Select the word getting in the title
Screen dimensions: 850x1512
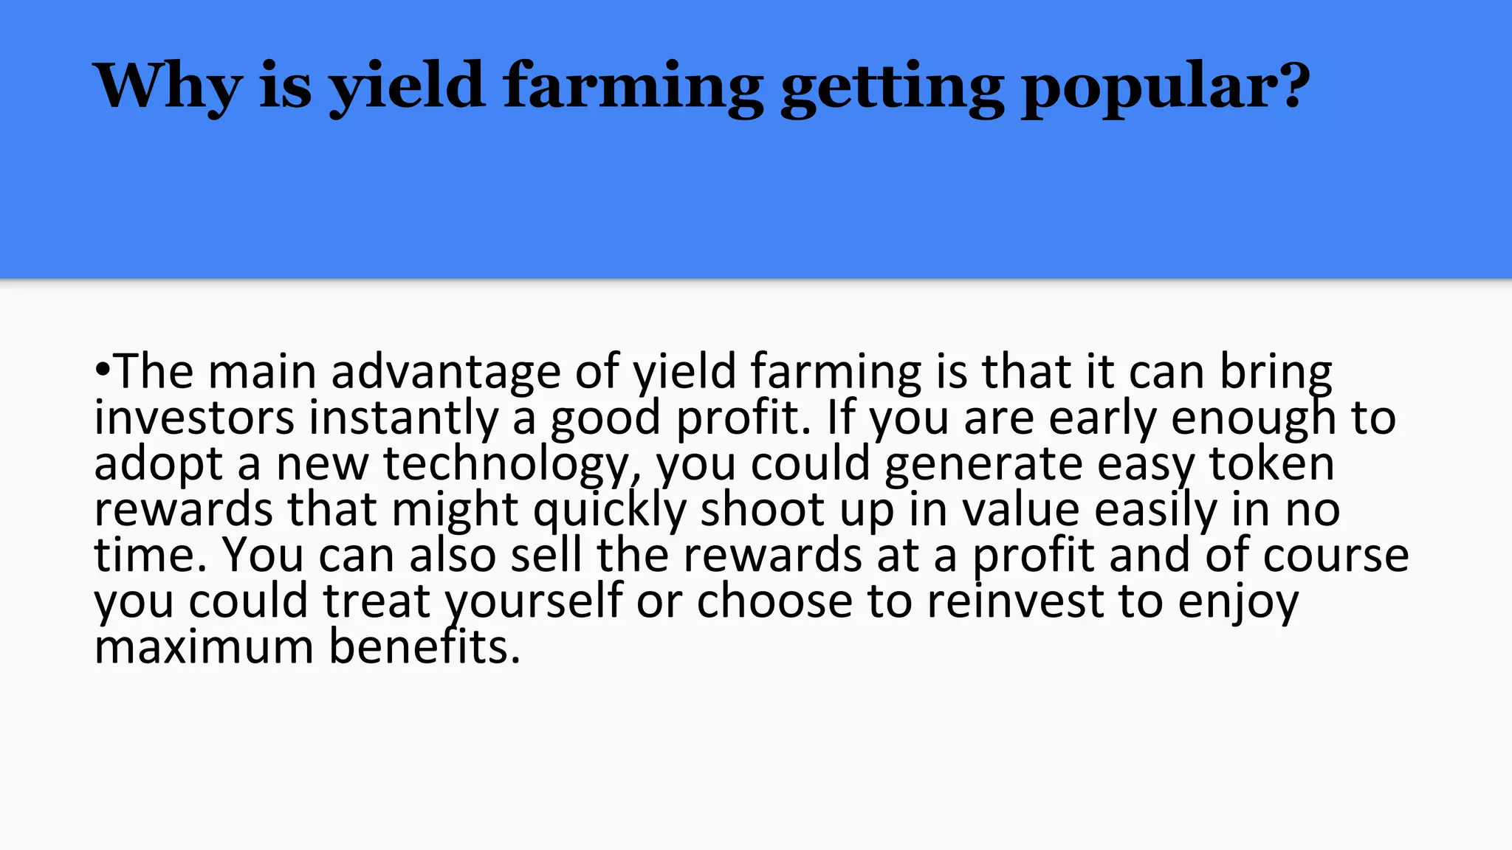click(892, 87)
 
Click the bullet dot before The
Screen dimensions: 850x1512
click(103, 368)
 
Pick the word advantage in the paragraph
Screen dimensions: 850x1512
click(445, 371)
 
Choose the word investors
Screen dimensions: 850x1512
click(194, 418)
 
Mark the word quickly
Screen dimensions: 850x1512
click(610, 510)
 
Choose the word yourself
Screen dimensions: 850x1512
click(533, 601)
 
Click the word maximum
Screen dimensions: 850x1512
click(204, 647)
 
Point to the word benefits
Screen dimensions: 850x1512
click(425, 647)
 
